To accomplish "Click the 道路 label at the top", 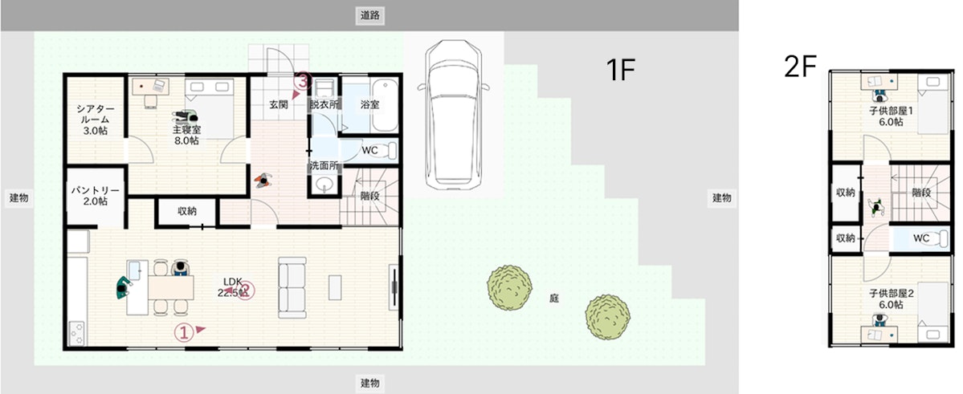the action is pos(369,16).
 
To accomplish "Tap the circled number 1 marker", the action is pos(183,331).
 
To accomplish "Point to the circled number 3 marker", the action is pos(302,80).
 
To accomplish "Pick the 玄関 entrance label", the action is pos(278,104).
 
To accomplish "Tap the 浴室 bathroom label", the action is pos(369,104).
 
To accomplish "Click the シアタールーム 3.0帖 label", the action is pos(95,120).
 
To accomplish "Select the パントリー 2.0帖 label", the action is pos(95,196).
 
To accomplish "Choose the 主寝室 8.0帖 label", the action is pos(186,136).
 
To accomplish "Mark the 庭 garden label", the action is pos(554,299).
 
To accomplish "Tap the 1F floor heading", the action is pos(620,71).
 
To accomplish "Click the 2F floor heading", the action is pos(800,67).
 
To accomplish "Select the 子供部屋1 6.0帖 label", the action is pos(891,116).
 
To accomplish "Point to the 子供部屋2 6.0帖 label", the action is pos(891,299).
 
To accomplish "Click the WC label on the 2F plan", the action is pos(920,238).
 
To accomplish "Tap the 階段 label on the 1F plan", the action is pos(370,196).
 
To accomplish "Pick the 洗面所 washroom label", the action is pos(323,165).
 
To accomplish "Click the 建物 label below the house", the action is pos(369,384).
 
